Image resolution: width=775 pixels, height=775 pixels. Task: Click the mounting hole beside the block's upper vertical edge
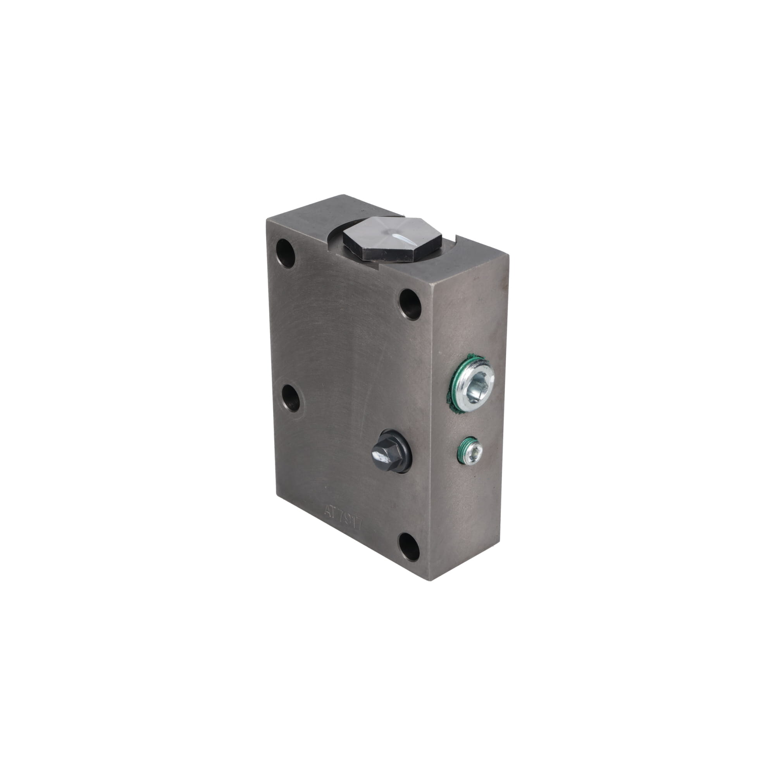click(x=410, y=304)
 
